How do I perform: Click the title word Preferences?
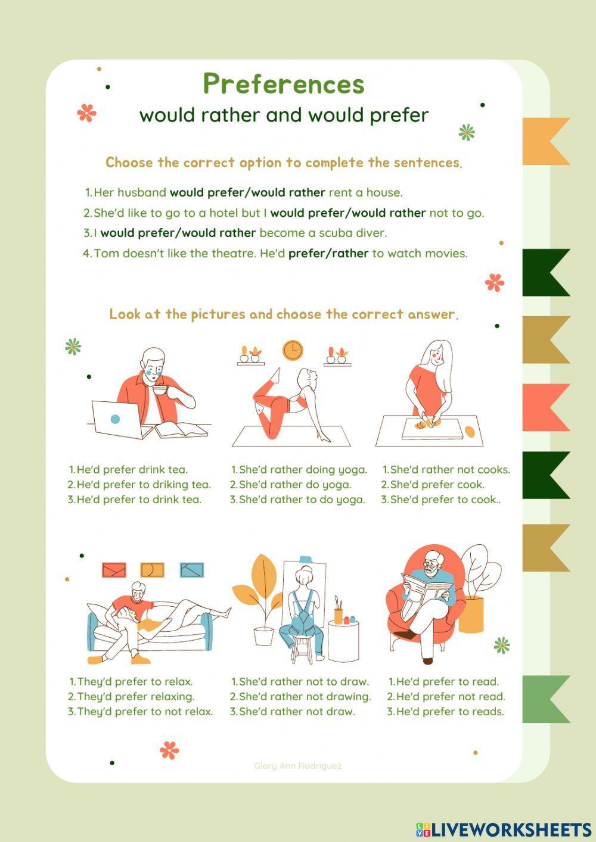tap(283, 84)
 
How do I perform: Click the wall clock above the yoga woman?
tap(293, 350)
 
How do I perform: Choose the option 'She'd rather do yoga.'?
tap(294, 485)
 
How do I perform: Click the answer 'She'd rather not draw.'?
tap(296, 712)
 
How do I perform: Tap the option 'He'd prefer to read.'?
tap(447, 682)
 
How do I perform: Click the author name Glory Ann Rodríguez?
tap(297, 766)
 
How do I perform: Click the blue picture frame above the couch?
tap(192, 570)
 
